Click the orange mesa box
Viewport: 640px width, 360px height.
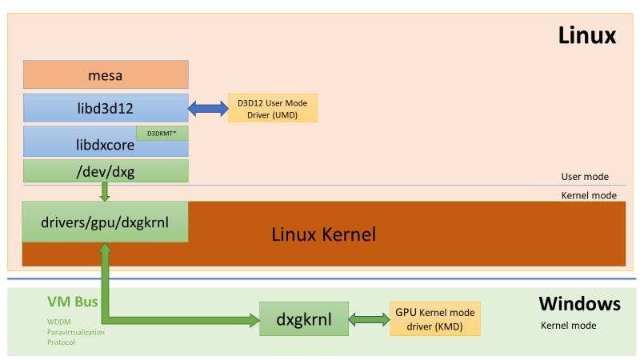tap(105, 74)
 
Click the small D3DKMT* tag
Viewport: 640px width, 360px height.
tap(162, 134)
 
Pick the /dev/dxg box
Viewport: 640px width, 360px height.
tap(105, 170)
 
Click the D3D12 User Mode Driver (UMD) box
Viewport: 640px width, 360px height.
tap(272, 108)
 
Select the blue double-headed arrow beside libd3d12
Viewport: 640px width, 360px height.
tap(208, 108)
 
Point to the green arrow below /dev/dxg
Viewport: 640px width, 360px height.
tap(105, 192)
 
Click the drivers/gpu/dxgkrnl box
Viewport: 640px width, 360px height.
tap(105, 221)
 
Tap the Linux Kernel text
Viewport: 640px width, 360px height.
tap(323, 234)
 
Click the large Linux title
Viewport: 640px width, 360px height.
tap(586, 36)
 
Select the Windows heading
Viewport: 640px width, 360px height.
tap(579, 303)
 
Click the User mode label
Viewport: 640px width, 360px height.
tap(585, 177)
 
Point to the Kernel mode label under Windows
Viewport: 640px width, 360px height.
tap(568, 326)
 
